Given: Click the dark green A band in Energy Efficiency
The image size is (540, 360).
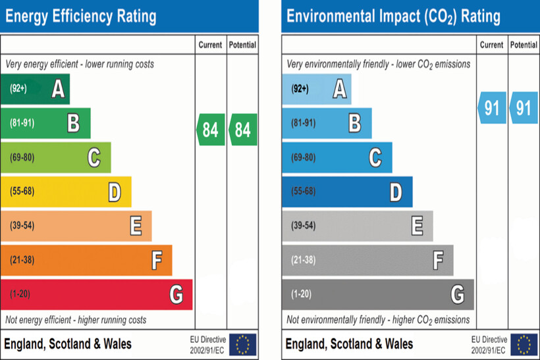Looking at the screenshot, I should pos(36,88).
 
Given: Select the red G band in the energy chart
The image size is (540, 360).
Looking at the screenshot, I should pos(96,294).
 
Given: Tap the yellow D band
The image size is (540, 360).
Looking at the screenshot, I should pos(66,192).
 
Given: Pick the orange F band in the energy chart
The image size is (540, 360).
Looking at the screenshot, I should pos(86,260).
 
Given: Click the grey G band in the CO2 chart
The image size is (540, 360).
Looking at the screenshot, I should pos(377,294).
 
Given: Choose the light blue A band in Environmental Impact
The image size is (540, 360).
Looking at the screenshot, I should pos(317,88).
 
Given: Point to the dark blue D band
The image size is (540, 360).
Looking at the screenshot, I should pos(347,192).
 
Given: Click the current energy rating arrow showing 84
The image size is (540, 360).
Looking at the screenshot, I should pos(211,130).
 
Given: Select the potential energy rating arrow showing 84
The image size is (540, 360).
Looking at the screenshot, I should pos(243,130).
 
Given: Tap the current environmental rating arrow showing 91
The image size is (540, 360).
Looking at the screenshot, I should pos(492,108).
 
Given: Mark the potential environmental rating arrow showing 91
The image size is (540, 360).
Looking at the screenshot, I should pos(524,108).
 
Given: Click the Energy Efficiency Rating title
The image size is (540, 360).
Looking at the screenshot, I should pos(81,16).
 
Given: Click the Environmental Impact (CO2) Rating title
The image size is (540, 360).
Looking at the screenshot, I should pos(393,16).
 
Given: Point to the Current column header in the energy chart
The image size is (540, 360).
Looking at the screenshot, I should pos(211,45).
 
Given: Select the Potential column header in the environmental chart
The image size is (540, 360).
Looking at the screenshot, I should pos(524,45).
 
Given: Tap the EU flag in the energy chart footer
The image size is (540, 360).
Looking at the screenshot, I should pos(243,344).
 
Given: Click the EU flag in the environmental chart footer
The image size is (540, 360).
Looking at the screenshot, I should pos(524,344).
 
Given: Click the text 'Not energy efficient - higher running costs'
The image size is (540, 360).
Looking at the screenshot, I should pos(76,320).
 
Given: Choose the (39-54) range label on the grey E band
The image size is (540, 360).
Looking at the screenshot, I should pos(303,226).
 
